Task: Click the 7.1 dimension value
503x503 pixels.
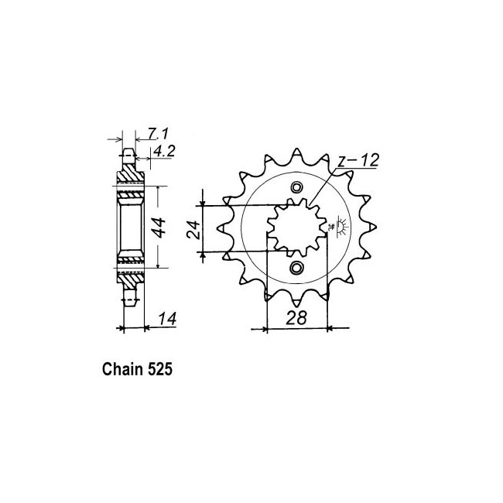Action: point(158,133)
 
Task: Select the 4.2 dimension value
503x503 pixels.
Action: point(164,151)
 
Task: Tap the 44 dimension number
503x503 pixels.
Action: point(159,227)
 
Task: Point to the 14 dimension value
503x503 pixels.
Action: point(167,319)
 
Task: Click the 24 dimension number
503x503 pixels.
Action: point(193,230)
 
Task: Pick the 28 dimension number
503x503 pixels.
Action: point(296,317)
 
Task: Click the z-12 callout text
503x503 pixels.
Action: point(358,160)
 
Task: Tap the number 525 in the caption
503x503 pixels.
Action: point(159,369)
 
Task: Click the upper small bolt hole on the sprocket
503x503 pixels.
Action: point(296,187)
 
